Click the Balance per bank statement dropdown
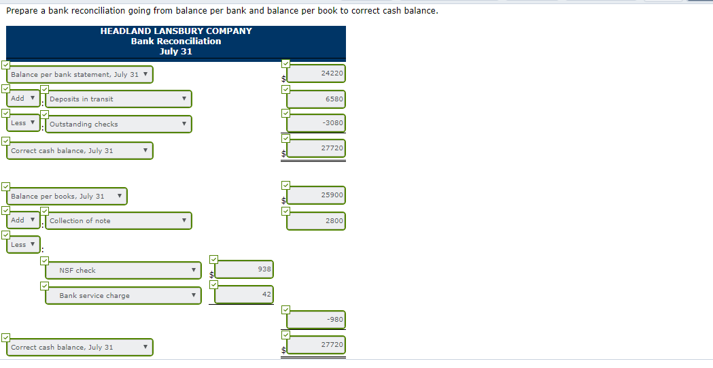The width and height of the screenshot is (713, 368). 80,75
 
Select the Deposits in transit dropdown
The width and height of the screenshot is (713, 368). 118,99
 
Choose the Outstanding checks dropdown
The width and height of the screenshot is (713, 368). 118,124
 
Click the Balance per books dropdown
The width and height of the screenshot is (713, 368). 67,197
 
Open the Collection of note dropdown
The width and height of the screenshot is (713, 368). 118,221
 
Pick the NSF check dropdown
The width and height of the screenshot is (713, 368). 123,271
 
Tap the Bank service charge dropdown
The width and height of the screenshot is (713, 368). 123,296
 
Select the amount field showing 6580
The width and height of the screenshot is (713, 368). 316,99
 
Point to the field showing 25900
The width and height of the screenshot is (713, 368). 316,196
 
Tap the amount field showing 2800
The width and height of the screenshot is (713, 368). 316,221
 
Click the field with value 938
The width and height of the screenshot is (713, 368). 245,270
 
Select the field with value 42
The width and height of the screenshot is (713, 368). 245,295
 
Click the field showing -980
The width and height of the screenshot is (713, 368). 316,320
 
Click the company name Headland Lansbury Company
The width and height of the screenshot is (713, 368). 176,31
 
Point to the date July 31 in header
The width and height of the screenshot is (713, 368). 176,52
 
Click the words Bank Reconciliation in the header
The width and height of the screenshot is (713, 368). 176,41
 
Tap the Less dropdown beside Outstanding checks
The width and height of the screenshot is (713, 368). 22,124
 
